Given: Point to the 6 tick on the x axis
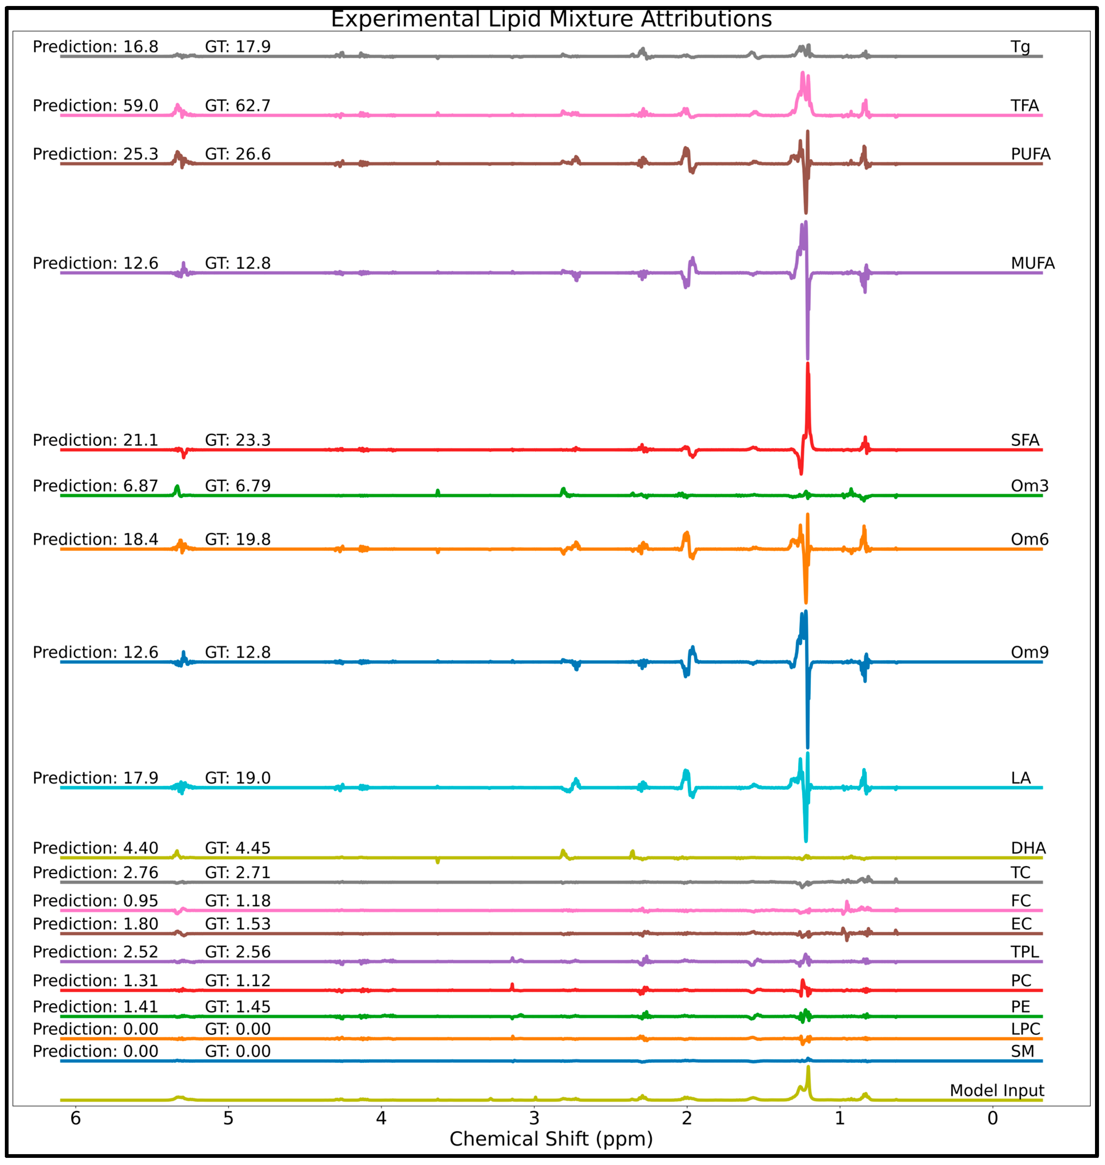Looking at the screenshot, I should click(75, 1118).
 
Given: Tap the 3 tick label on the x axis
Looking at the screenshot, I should click(534, 1118).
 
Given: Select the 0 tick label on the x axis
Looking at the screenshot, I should click(993, 1118).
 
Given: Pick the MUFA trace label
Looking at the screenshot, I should click(1032, 263).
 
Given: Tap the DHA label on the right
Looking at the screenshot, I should click(1028, 848).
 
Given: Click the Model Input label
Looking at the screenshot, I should click(997, 1091).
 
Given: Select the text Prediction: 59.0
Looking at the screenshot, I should click(95, 106).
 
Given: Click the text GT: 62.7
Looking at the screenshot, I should click(238, 106).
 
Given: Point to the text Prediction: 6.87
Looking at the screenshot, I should click(95, 486).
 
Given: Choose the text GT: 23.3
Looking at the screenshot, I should click(238, 440).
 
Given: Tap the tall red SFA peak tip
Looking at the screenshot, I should click(808, 365).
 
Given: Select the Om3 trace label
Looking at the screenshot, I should click(1030, 486).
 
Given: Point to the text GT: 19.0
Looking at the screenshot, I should click(238, 778).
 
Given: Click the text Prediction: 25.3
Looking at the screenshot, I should click(95, 154).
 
